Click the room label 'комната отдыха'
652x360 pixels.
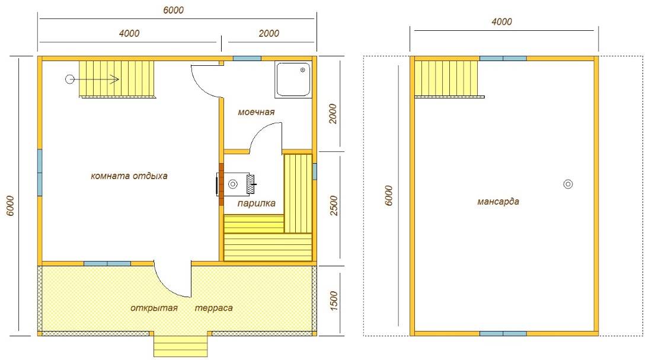pos(129,176)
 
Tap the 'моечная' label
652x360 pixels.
pos(256,112)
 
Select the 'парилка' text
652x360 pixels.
pos(256,203)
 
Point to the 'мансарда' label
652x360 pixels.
pos(498,202)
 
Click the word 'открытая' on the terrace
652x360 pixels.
pos(154,308)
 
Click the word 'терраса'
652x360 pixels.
pos(214,308)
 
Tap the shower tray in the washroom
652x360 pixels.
pos(293,80)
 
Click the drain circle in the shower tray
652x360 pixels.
pos(303,71)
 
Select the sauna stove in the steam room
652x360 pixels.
pos(235,184)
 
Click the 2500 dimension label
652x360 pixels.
pos(334,206)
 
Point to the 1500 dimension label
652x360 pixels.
pos(334,301)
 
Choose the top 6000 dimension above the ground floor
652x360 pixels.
pos(173,10)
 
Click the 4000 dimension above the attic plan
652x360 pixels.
pos(501,21)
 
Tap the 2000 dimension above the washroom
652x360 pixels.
pos(269,33)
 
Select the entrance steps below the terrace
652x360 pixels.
pos(181,345)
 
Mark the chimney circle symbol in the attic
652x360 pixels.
pos(568,184)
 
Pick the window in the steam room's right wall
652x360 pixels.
pos(314,171)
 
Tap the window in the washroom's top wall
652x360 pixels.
pos(247,58)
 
